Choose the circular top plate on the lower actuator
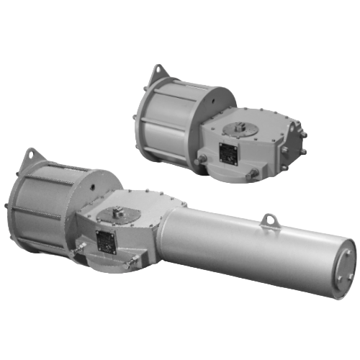[117, 215]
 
